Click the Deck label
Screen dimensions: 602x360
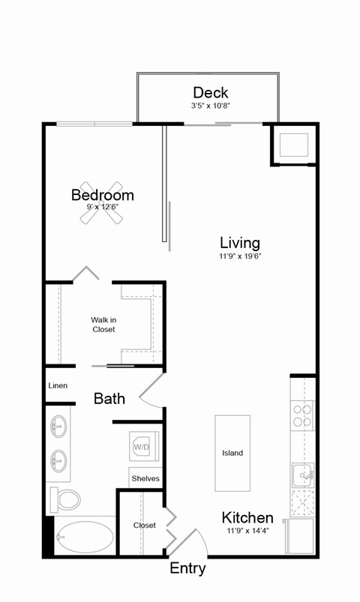pos(210,92)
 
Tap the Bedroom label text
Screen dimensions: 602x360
pos(102,195)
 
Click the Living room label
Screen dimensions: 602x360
pos(239,242)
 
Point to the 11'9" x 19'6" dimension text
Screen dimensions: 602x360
pos(239,256)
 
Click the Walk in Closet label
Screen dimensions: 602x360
pos(103,325)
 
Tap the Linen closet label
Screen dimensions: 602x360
pos(58,385)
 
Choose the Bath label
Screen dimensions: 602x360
pos(109,398)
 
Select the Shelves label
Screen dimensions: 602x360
pos(145,478)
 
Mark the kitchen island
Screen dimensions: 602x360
pos(232,453)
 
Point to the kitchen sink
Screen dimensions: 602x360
pos(302,475)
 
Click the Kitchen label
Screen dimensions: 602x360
pos(247,517)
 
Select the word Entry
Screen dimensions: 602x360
pos(187,568)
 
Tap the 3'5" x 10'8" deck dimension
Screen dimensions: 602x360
pos(210,106)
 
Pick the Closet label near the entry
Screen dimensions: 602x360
pos(145,525)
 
